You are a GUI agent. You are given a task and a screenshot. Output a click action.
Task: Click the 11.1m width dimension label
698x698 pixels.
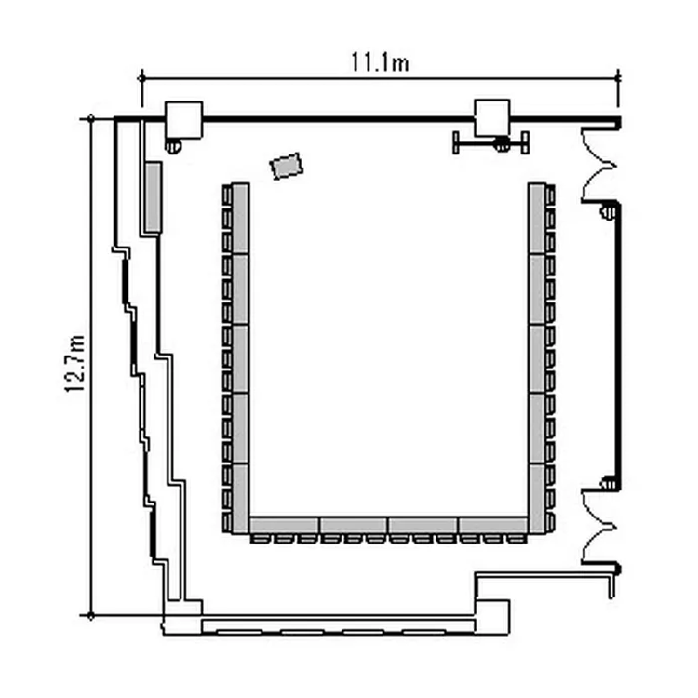pos(380,62)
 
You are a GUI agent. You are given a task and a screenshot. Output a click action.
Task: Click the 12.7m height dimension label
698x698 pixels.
pos(74,364)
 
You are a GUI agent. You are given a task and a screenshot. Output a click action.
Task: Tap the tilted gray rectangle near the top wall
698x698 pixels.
pos(287,166)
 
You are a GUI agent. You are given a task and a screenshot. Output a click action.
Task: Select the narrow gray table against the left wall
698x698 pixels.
pos(154,196)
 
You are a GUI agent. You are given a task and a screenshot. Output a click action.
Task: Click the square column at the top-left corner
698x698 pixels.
pos(184,120)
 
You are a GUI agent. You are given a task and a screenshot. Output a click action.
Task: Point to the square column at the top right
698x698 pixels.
pos(492,118)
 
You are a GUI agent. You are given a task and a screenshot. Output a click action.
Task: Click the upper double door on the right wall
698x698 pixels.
pos(599,166)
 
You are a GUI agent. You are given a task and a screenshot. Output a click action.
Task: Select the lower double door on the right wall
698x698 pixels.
pos(599,527)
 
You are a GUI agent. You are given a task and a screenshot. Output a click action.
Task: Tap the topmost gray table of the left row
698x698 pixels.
pos(240,219)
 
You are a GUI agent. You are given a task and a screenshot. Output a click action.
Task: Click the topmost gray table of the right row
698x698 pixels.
pos(537,219)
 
